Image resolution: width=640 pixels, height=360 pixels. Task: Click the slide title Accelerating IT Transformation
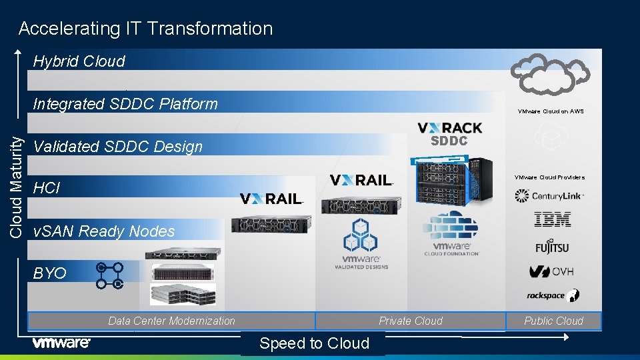point(145,29)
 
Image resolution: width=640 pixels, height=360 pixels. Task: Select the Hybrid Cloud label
point(79,61)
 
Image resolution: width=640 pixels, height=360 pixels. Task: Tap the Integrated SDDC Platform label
point(125,104)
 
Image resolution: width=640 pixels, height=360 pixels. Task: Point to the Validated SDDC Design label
point(117,147)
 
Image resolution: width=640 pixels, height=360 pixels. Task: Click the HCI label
point(47,189)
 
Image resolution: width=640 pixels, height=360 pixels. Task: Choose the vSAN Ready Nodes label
point(104,231)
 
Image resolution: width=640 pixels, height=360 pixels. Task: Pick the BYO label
point(50,273)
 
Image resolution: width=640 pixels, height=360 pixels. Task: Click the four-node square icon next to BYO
point(110,275)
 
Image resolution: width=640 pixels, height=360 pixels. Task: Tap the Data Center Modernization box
point(171,321)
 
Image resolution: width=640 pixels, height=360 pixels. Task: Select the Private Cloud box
point(410,321)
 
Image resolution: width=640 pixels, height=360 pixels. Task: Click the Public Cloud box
point(553,321)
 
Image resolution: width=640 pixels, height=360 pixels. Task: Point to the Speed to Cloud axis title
point(314,343)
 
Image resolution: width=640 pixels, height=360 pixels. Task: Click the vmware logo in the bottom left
point(61,343)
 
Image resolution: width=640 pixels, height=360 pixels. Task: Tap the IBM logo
point(553,219)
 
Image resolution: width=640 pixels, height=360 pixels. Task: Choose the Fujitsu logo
point(552,246)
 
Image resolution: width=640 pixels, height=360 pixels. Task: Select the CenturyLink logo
point(549,196)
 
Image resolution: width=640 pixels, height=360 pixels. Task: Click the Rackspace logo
point(553,295)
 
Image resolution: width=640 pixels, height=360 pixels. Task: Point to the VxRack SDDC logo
point(450,133)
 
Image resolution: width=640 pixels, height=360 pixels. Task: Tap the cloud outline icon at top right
point(549,73)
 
